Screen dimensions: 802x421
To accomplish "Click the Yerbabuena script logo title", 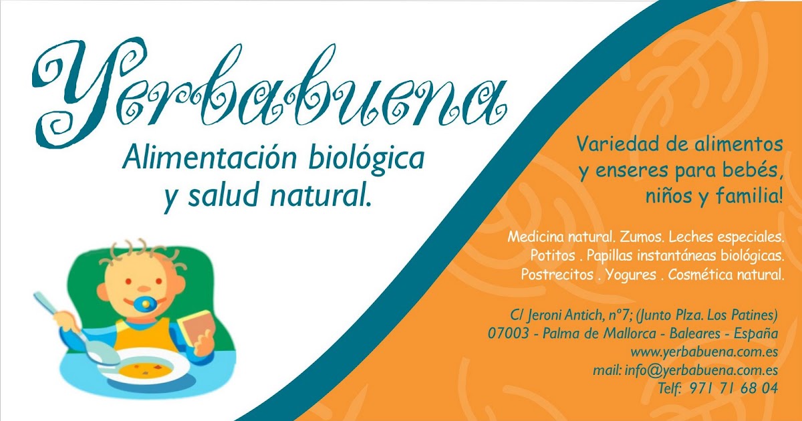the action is (x=269, y=92).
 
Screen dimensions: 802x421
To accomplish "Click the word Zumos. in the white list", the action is (x=641, y=237).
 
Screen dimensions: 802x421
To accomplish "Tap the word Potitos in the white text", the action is (x=552, y=255).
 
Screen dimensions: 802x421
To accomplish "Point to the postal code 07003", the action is (x=508, y=333).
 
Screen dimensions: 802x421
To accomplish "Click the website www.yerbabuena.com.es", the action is (x=704, y=352).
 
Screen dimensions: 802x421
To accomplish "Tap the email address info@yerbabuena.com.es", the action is (x=701, y=370).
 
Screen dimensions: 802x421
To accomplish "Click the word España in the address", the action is (x=756, y=333).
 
